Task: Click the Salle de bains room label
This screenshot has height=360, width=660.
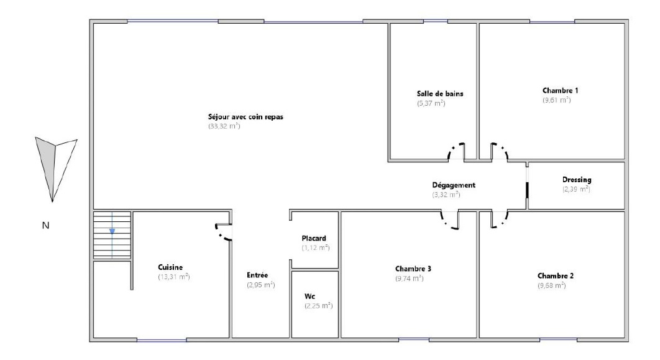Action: pos(440,94)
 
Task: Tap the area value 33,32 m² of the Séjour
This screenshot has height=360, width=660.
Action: pos(224,126)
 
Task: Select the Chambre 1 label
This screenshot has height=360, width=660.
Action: pos(560,90)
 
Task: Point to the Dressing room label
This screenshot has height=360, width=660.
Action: pos(577,180)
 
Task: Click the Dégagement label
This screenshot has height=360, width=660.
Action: pos(453,185)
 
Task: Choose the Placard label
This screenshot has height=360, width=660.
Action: pos(314,238)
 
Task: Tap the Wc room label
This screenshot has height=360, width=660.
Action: pos(310,296)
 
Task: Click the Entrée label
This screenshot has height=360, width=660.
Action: pos(257,275)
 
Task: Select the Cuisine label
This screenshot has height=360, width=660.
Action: pos(170,267)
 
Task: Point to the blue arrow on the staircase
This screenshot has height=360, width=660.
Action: pos(112,231)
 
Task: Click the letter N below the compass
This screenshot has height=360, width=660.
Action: pos(46,226)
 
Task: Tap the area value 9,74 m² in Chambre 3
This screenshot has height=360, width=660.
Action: pos(409,278)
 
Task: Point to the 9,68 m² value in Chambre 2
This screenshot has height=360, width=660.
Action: pos(552,286)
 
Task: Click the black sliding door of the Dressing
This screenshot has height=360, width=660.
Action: pos(527,190)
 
